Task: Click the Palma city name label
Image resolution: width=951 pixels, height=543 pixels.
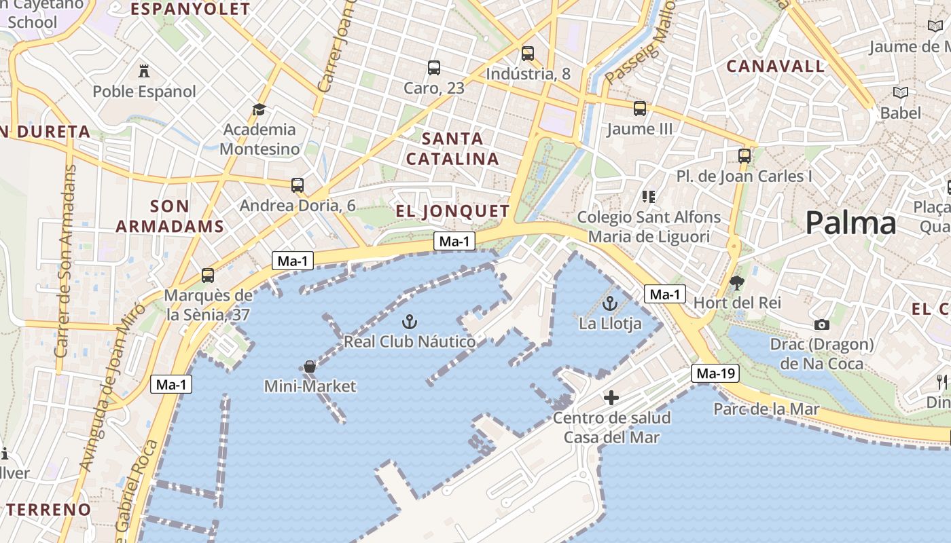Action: (850, 223)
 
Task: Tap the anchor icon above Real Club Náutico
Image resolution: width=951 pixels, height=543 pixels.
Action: (410, 322)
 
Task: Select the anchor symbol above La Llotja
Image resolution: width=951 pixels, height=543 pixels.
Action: (610, 303)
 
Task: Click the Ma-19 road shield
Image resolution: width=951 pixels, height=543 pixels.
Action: (716, 373)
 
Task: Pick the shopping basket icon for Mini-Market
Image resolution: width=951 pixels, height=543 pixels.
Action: (310, 367)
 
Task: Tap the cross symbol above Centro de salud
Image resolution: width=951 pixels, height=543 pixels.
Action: (611, 398)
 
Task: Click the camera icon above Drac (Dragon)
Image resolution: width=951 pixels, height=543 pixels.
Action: (821, 325)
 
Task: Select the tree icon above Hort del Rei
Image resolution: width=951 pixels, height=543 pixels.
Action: (736, 283)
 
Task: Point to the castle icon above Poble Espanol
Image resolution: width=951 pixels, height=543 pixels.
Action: (144, 71)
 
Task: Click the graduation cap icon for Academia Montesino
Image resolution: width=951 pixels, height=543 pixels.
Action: (259, 109)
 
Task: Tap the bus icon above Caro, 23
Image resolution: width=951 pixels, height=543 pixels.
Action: (434, 68)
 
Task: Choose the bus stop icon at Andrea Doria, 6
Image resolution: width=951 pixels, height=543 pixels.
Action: (298, 185)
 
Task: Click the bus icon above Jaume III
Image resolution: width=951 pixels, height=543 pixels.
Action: (640, 109)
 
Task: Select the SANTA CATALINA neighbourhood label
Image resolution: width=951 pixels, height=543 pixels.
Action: (452, 149)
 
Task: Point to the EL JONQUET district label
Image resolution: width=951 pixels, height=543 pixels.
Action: (452, 211)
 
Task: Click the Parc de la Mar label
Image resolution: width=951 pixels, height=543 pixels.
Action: (766, 409)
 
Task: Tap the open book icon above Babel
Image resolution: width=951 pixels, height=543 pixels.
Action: (901, 92)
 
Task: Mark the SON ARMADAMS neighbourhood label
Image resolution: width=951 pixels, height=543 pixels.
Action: (169, 216)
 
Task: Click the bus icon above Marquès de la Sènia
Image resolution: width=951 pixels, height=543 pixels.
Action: (208, 276)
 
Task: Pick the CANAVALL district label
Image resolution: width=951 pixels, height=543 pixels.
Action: (776, 67)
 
